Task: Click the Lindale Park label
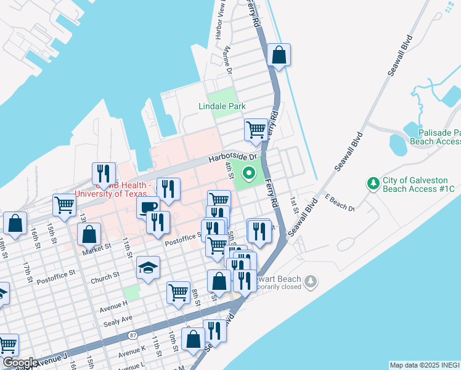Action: [222, 107]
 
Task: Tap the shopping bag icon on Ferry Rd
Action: [279, 55]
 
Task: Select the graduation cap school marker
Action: [148, 268]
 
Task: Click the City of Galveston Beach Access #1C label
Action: [418, 184]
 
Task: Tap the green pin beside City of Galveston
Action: [372, 183]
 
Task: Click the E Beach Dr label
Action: [340, 204]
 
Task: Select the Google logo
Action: [20, 363]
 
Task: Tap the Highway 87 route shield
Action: [133, 335]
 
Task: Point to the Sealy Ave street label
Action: [118, 318]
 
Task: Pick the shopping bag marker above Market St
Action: [89, 234]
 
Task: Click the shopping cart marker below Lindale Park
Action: [256, 130]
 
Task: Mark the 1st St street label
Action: [295, 206]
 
